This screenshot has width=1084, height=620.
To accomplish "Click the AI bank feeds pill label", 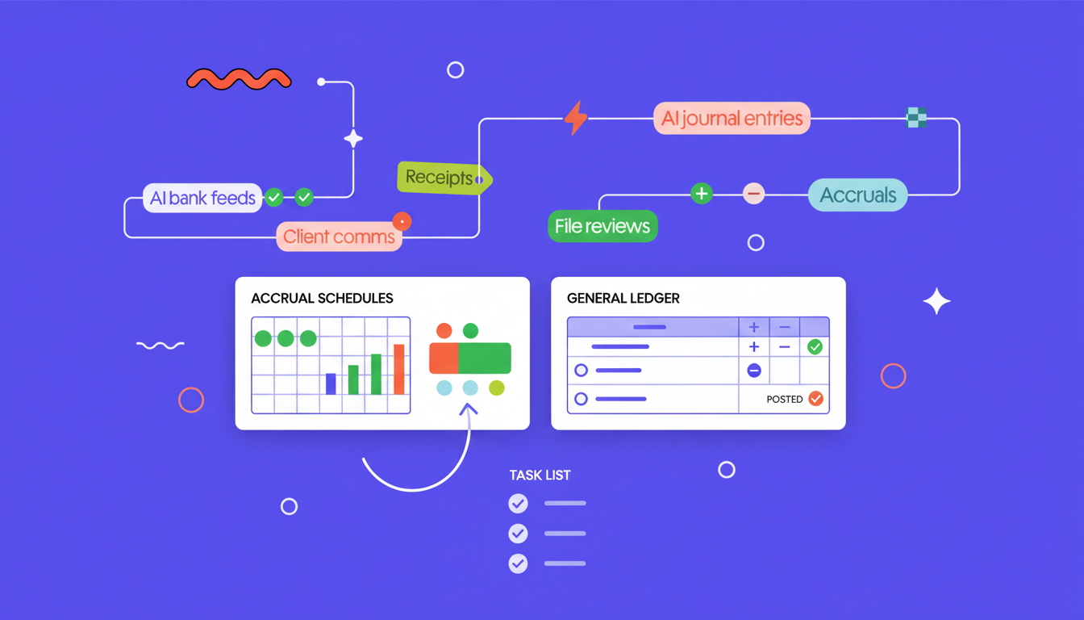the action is click(x=202, y=198).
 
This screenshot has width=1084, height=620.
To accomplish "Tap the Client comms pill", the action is click(x=339, y=237).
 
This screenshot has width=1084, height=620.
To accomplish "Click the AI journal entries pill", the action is click(x=732, y=118).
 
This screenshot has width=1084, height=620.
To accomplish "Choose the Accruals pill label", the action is click(x=857, y=195).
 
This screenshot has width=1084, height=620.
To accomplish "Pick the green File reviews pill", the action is click(x=602, y=226).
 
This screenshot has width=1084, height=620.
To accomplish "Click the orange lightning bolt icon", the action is click(x=576, y=118).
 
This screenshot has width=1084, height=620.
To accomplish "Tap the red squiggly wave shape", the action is click(x=239, y=79).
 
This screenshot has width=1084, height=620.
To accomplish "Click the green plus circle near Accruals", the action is click(x=702, y=194).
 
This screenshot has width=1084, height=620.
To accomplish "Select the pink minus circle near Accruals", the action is click(x=753, y=194).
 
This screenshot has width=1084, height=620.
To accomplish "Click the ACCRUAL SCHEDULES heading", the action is click(x=322, y=299).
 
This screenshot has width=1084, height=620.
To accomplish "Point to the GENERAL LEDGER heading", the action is click(x=623, y=299).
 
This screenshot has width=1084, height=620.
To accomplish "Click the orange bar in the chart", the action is click(x=398, y=369).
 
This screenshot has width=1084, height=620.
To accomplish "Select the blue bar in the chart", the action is click(x=331, y=383).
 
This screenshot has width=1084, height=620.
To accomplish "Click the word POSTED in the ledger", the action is click(x=785, y=399).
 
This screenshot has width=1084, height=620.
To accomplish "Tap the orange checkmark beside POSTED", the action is click(x=816, y=399).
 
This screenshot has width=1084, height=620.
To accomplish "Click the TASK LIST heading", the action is click(x=540, y=475).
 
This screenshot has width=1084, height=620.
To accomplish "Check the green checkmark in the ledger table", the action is click(x=815, y=347).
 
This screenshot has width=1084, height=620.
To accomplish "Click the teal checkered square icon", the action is click(x=916, y=117).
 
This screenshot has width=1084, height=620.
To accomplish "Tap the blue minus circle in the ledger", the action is click(x=754, y=371).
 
